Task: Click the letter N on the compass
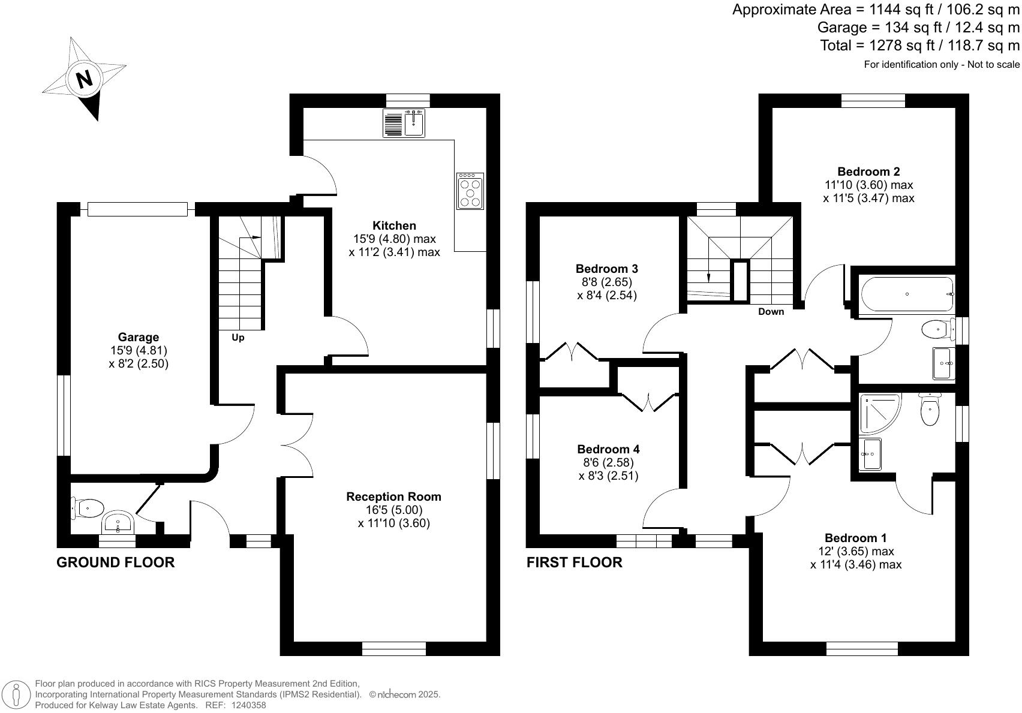85,79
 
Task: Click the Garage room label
139,337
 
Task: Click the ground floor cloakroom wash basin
118,522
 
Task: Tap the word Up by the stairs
238,338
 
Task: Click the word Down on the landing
771,311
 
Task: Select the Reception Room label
393,497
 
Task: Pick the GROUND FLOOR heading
115,562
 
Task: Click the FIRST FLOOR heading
574,562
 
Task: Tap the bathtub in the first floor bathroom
907,294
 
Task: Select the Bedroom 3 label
606,268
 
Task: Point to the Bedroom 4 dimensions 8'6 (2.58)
608,462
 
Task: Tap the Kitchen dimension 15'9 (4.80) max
394,239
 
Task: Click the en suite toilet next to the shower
929,411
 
